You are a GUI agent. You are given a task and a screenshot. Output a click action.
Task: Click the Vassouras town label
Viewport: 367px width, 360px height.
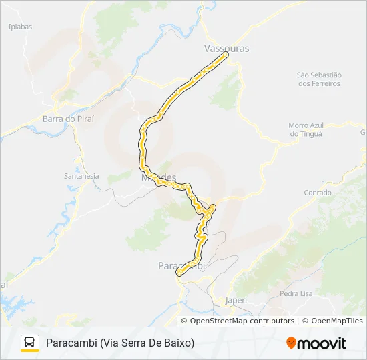point(226,49)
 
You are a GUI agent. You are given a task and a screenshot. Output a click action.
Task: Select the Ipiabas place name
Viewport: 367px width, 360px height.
point(20,27)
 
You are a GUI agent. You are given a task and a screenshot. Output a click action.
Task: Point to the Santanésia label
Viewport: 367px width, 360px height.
point(81,176)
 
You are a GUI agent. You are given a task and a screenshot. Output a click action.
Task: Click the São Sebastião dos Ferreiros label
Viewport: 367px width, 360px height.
point(319,79)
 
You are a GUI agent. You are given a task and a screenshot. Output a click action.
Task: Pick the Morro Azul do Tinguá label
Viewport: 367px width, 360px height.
point(306,129)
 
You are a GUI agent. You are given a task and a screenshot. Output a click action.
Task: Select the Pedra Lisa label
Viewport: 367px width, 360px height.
point(298,293)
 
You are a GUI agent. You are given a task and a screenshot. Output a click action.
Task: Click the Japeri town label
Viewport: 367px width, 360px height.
point(236,300)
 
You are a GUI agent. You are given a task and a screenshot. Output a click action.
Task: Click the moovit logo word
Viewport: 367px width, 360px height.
point(322,343)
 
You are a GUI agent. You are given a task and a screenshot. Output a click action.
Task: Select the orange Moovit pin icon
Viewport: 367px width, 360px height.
point(291,343)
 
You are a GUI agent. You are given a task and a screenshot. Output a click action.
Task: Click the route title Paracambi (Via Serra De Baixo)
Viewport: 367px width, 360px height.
point(120,343)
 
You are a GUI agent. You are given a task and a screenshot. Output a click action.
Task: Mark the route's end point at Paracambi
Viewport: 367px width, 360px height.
point(178,272)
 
